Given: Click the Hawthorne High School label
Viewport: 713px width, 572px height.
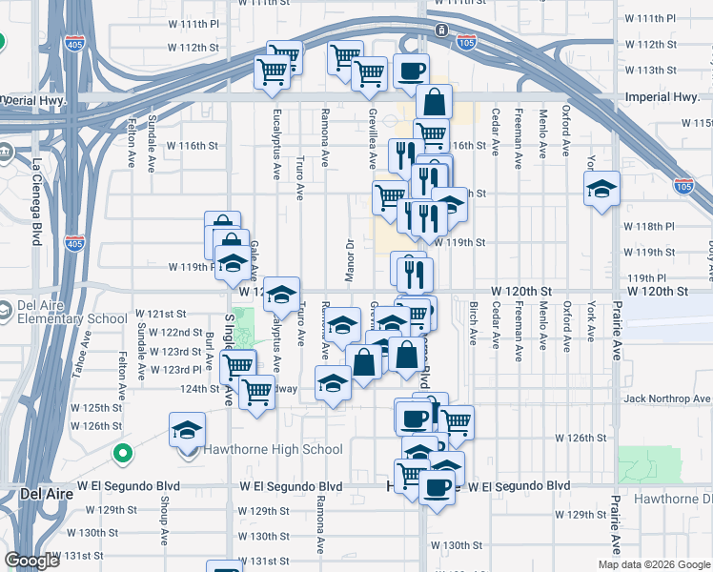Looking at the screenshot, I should coord(275,450).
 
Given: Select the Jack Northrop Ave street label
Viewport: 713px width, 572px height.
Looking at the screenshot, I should coord(667,398).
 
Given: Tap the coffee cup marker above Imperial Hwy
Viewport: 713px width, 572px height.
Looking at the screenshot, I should coord(411,71).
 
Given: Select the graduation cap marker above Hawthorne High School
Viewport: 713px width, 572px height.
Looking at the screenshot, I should coord(188,430).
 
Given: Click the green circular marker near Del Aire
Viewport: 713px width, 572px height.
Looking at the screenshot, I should coord(121,453).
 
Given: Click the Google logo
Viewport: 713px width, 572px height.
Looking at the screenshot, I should coord(32,562).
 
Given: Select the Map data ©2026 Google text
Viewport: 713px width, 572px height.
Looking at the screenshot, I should coord(653,564).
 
